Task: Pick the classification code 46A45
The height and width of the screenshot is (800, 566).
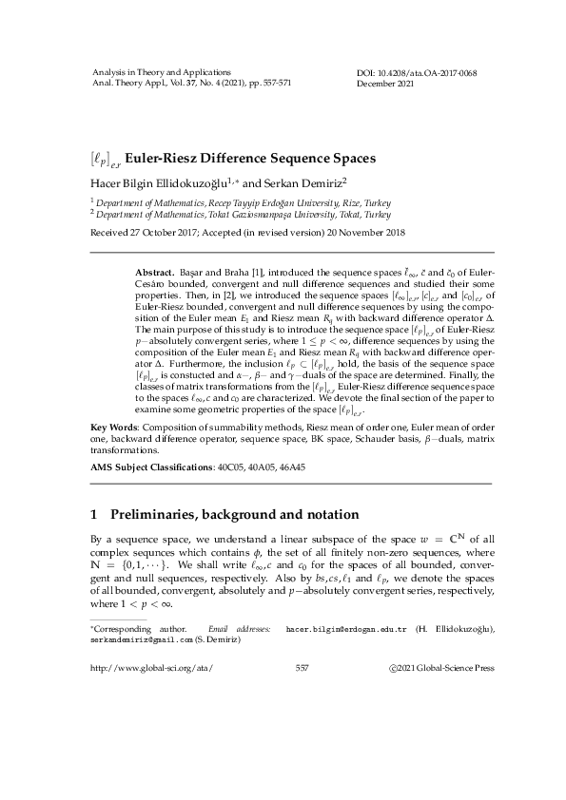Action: [x=288, y=468]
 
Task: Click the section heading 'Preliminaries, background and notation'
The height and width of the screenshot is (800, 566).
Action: [x=222, y=515]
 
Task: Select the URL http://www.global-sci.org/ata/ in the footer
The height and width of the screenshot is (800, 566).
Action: [x=150, y=668]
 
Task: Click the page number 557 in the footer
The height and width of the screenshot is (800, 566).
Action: [x=303, y=668]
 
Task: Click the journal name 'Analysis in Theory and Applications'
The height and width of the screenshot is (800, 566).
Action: [x=160, y=73]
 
